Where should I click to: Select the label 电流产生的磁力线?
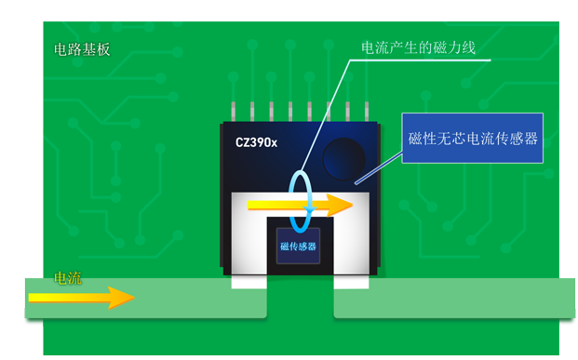coord(418,47)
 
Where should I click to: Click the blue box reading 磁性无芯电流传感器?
coord(473,139)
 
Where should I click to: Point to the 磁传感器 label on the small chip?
coord(298,247)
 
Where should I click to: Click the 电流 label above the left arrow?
coord(68,277)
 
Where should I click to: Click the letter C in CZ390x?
coord(240,144)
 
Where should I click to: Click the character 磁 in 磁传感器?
coord(284,247)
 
